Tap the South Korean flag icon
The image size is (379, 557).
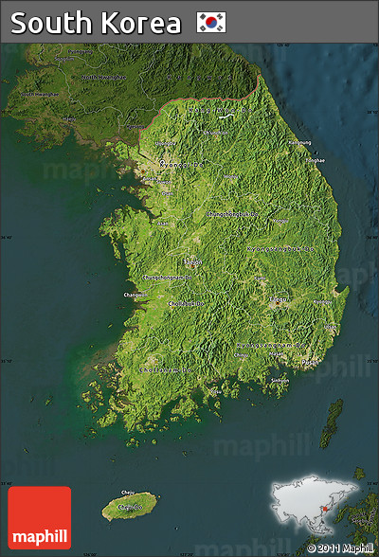[211, 22]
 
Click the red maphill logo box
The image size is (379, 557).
[39, 517]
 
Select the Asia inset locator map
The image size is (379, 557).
[316, 507]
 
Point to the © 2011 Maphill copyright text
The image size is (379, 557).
[340, 548]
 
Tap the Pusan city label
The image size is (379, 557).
[309, 361]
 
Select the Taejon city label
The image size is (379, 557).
[193, 261]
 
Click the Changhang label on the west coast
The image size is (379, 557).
[136, 296]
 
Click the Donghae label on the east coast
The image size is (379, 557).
[316, 160]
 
